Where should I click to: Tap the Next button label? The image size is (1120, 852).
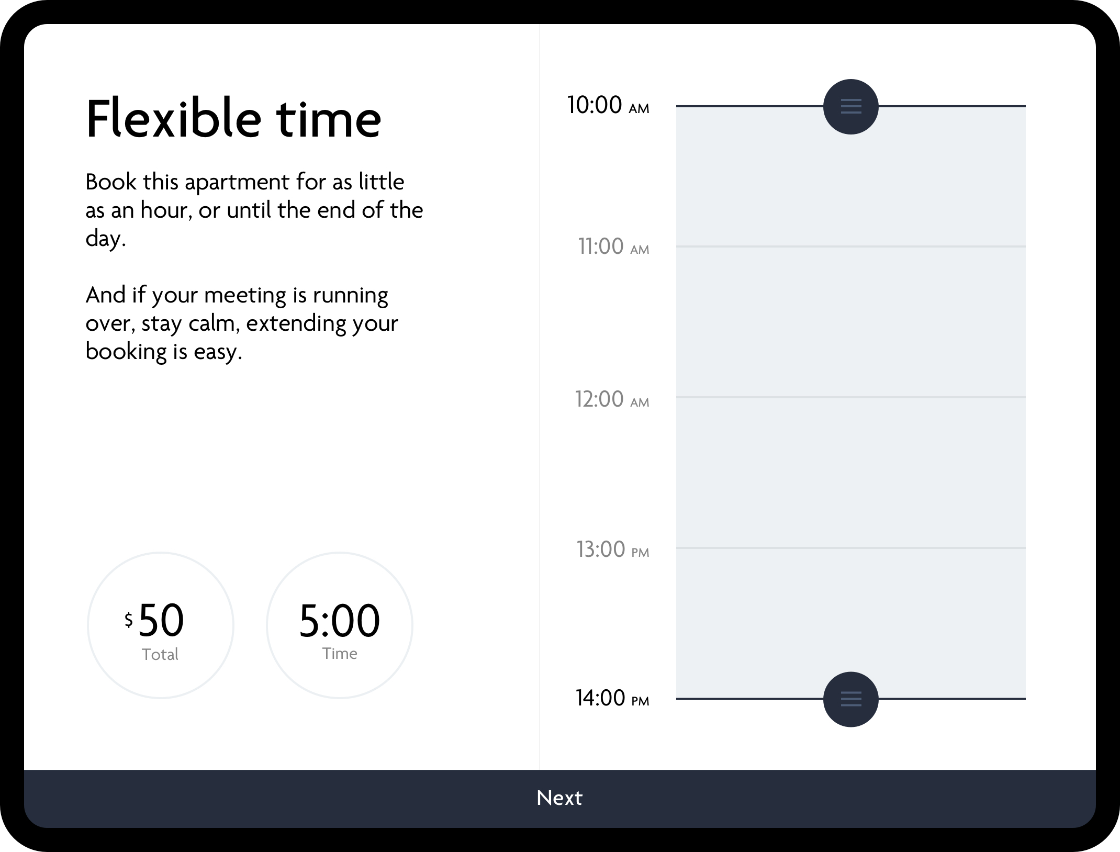click(559, 798)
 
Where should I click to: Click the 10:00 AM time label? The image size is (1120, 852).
click(608, 105)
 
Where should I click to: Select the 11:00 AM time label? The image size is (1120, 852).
click(613, 246)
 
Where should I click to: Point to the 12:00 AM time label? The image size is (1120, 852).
click(612, 399)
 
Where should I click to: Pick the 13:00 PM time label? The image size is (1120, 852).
click(612, 549)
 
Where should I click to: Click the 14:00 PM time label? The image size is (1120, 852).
click(612, 698)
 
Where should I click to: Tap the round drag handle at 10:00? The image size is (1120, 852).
click(850, 106)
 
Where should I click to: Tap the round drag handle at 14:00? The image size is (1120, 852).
click(850, 699)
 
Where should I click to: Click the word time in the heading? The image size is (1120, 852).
click(329, 119)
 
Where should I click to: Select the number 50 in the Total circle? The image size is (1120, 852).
click(161, 620)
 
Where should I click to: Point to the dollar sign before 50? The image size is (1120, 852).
click(128, 620)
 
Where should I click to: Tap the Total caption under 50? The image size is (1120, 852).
click(160, 654)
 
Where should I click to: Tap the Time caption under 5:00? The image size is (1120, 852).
click(340, 653)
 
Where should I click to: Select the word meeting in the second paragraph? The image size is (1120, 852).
click(245, 296)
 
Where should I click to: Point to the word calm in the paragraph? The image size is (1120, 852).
click(214, 323)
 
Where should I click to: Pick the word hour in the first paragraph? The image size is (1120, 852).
click(166, 210)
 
